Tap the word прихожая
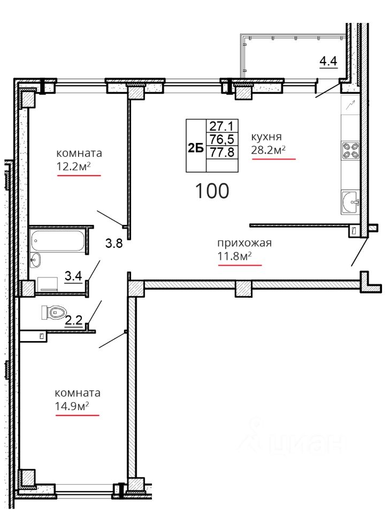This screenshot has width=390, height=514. tap(244, 243)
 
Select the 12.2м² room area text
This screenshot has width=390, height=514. tap(73, 167)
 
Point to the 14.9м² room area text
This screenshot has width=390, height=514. tap(72, 406)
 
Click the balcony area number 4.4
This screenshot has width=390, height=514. tap(328, 61)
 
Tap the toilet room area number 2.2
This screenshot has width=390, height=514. tap(74, 319)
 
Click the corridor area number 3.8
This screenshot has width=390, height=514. tap(114, 243)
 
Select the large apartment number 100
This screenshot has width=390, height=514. tap(212, 191)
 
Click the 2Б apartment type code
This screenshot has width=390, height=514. tap(195, 148)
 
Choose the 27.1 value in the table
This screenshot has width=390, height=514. tap(221, 126)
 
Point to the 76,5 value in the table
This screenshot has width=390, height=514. tap(221, 139)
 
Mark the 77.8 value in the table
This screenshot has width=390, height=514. tap(221, 152)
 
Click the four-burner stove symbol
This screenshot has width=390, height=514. tap(350, 151)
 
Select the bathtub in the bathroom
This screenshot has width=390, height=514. tap(58, 241)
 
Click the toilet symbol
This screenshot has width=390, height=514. tap(53, 312)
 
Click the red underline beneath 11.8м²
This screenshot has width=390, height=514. tap(240, 265)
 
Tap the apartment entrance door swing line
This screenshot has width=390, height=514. tap(359, 252)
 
